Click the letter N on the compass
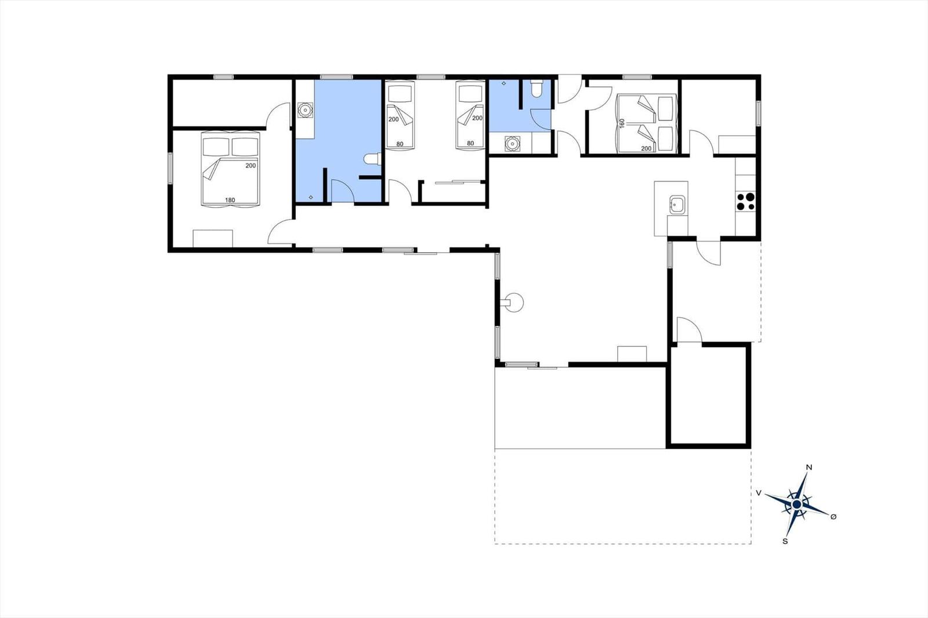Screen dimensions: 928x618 coord(809,468)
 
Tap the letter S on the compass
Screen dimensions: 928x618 coord(785,541)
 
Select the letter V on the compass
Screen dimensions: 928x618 coord(759,493)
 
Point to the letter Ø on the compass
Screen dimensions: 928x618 coord(833,517)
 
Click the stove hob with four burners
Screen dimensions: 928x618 coord(746,201)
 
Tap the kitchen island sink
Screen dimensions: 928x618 coord(677,205)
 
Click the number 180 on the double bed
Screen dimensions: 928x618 coord(230,200)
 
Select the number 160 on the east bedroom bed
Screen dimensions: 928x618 coord(621,123)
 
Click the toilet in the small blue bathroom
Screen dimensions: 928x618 coord(536,89)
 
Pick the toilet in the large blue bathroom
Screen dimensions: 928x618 coord(372,159)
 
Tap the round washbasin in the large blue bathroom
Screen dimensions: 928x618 coord(305,110)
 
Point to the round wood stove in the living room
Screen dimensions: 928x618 coord(516,303)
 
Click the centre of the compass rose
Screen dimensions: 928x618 coord(797,504)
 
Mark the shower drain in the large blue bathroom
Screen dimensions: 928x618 coord(311,197)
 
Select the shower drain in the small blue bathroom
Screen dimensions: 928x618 coord(504,83)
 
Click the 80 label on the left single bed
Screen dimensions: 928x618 coord(400,144)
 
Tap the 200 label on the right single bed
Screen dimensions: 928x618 coord(477,118)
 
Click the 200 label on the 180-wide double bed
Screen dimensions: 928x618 coord(251,166)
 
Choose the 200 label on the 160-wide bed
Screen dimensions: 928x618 coord(646,148)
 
